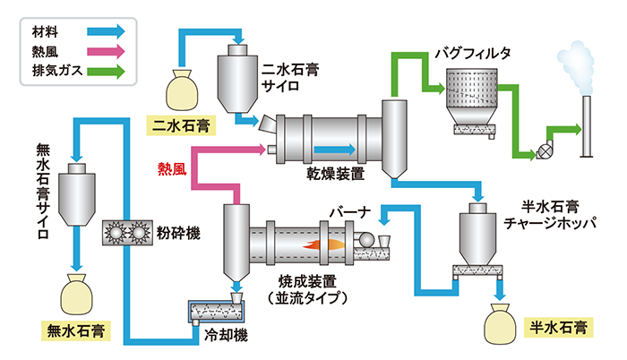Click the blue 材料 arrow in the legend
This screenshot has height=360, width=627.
click(106, 31)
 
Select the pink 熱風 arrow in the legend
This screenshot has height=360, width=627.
click(106, 50)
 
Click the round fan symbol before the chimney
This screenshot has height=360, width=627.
click(542, 150)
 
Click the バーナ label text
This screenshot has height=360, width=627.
click(348, 211)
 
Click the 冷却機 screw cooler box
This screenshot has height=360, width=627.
click(216, 312)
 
